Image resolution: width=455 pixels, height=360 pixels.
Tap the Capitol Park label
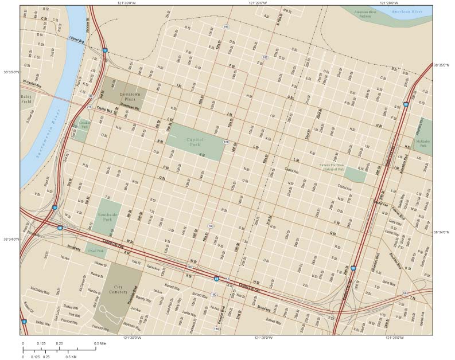(197, 142)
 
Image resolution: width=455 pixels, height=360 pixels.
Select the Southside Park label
(107, 216)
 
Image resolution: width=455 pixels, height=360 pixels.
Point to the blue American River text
(410, 11)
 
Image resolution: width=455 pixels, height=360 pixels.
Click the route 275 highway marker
(89, 107)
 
